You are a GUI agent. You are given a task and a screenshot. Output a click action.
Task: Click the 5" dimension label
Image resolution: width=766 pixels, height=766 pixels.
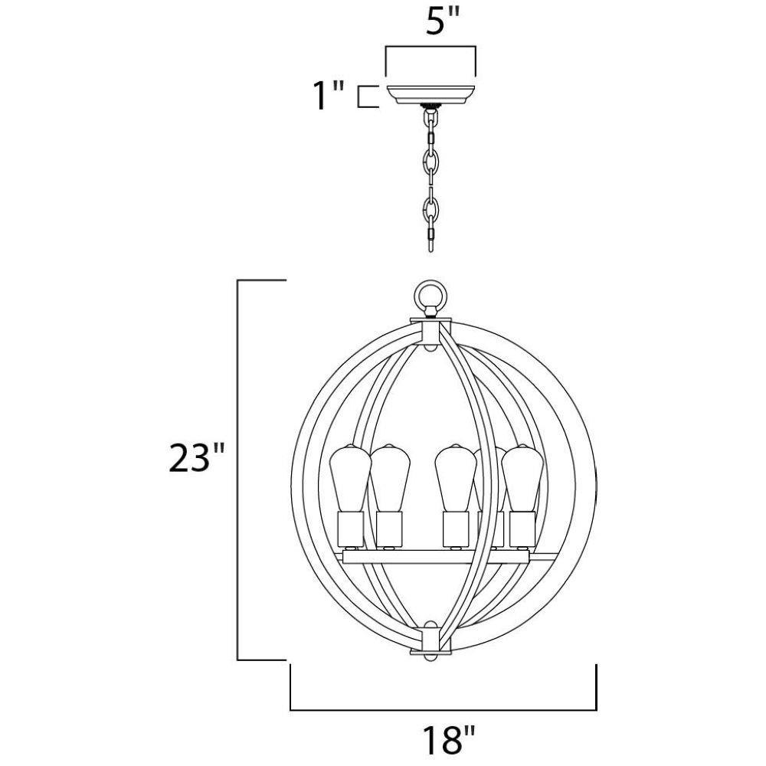[x=443, y=21]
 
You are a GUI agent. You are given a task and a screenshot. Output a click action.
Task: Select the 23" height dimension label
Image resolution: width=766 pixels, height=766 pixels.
[x=196, y=458]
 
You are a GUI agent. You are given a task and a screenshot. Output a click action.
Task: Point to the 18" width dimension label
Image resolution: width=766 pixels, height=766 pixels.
[x=448, y=739]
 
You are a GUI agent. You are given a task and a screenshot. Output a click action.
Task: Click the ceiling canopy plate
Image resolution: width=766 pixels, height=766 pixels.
[x=430, y=94]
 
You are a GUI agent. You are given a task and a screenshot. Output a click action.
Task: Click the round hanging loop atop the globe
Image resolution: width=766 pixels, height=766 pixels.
[x=430, y=296]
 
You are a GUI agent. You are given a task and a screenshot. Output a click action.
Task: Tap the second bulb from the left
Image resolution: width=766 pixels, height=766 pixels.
[x=390, y=479]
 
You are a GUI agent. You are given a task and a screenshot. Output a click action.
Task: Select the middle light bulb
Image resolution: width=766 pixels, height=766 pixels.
[x=455, y=479]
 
